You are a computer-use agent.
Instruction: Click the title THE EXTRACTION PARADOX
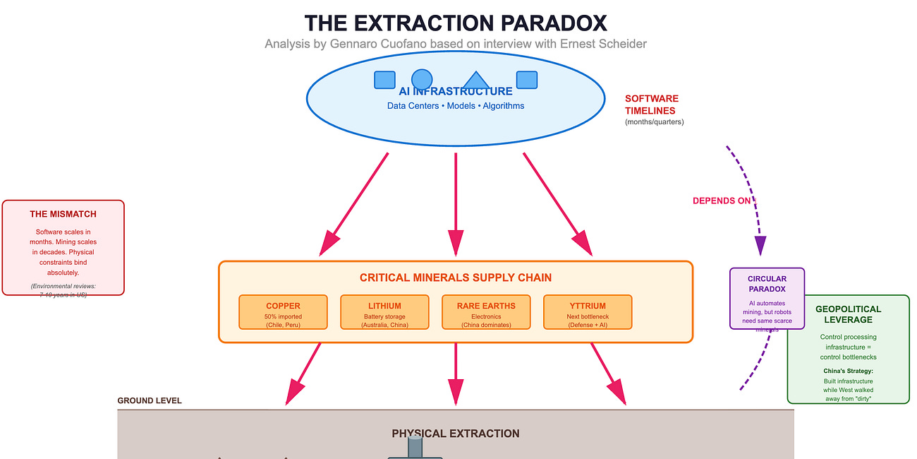(x=456, y=23)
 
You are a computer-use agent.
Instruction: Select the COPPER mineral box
(x=283, y=312)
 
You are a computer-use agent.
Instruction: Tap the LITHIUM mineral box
(x=384, y=312)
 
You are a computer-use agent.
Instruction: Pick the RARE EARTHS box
(x=486, y=312)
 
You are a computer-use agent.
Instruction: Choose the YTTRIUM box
(x=588, y=312)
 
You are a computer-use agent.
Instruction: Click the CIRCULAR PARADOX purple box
(x=767, y=298)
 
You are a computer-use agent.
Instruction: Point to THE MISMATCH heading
(x=63, y=214)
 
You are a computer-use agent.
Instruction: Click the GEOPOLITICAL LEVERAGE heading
(x=848, y=314)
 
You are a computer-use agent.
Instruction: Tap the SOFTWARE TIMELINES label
(x=651, y=105)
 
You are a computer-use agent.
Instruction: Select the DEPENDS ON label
(x=722, y=201)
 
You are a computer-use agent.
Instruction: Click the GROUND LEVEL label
(x=150, y=400)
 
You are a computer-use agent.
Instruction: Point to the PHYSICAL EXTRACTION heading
(x=456, y=434)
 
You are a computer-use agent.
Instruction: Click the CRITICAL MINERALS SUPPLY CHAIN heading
(x=456, y=278)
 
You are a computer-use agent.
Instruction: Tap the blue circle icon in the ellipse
(x=422, y=80)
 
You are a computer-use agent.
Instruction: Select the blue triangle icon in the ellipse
(x=475, y=81)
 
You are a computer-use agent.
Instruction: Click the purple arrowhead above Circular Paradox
(x=760, y=245)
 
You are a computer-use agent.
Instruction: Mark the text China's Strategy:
(x=848, y=371)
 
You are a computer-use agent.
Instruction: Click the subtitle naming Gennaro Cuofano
(x=456, y=44)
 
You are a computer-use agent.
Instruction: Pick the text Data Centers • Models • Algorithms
(x=456, y=106)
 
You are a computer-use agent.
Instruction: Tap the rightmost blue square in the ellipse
(x=527, y=80)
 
